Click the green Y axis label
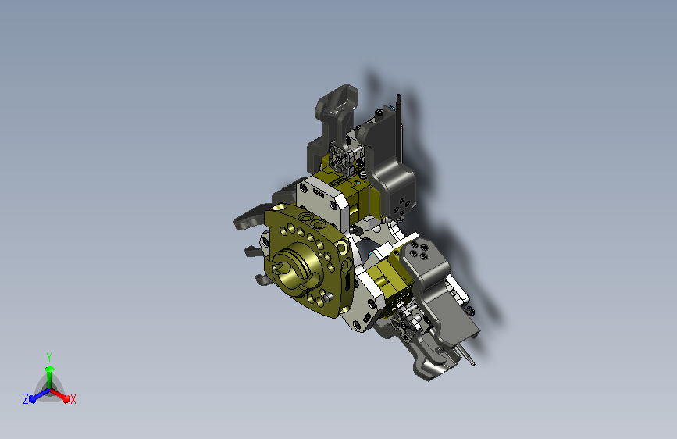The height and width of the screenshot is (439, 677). (49, 358)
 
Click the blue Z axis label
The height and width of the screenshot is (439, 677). (26, 399)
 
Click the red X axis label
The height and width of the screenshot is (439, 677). (73, 399)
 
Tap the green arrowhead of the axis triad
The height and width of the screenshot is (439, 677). (49, 369)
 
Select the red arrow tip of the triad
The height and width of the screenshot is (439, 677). (66, 398)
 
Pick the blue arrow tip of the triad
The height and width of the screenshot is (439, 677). (33, 399)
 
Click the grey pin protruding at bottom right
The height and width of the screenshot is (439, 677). (468, 355)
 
